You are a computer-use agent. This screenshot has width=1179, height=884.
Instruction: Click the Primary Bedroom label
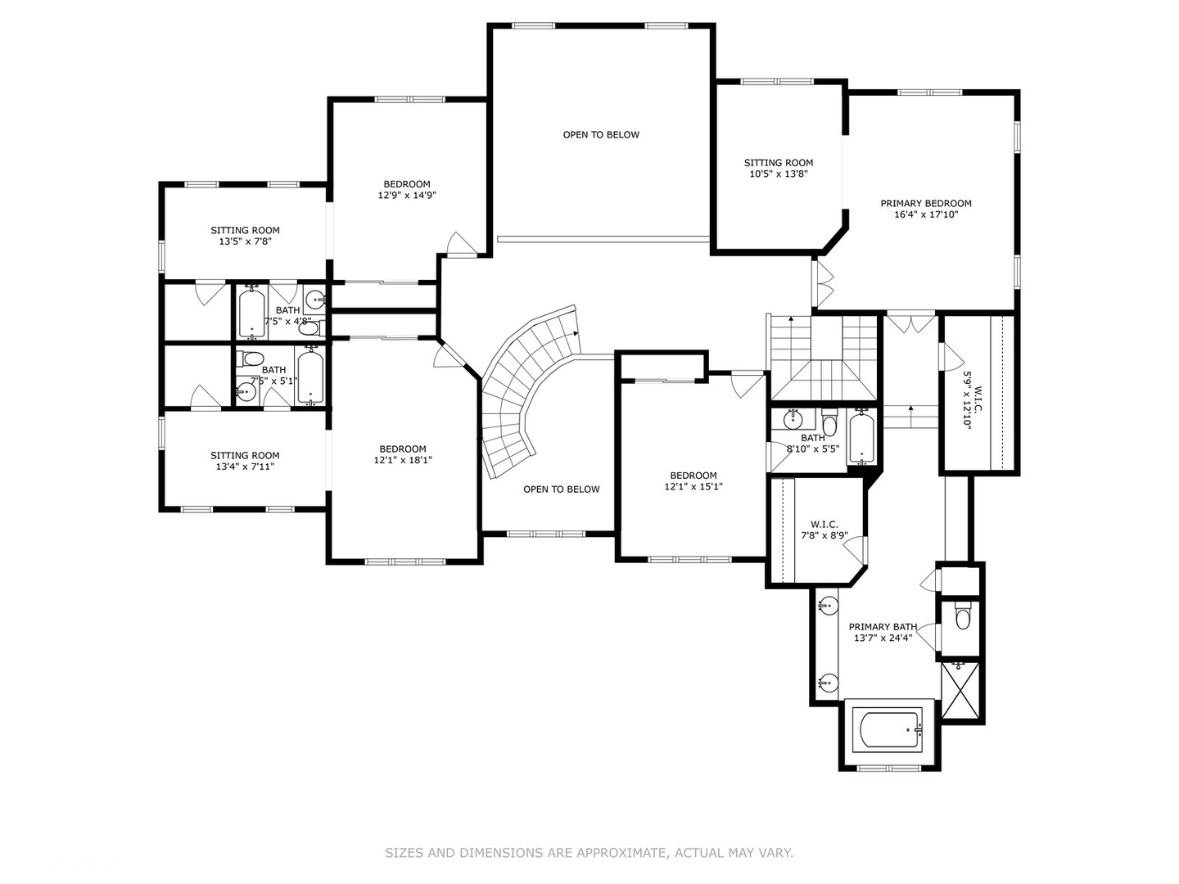(926, 204)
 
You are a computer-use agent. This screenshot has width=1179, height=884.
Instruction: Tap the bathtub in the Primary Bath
(888, 729)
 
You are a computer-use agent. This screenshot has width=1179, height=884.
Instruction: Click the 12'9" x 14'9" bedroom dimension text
(407, 196)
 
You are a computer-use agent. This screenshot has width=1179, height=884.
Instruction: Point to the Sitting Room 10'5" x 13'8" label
(779, 163)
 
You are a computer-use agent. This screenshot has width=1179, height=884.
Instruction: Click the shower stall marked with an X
(960, 691)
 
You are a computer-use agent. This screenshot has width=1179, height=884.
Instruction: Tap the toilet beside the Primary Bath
(963, 618)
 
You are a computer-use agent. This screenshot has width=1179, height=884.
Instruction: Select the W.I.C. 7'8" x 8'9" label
(824, 525)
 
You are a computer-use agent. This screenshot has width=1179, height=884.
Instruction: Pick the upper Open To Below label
(601, 134)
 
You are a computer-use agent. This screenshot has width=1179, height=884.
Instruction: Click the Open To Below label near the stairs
(562, 489)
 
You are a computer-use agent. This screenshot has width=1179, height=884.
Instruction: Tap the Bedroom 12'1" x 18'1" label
(403, 449)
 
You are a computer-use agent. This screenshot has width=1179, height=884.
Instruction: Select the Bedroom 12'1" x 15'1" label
(693, 476)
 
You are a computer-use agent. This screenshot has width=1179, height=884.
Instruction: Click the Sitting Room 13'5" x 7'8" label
(245, 231)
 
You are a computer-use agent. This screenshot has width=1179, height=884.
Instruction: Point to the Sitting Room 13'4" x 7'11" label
(245, 456)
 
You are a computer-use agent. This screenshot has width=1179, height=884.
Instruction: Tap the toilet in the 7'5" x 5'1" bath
(252, 359)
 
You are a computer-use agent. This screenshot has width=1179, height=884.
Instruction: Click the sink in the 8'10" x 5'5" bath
(792, 421)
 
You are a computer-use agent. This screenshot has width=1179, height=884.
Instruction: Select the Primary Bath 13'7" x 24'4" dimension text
(883, 638)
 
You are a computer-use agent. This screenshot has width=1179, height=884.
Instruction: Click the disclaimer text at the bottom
(589, 853)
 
